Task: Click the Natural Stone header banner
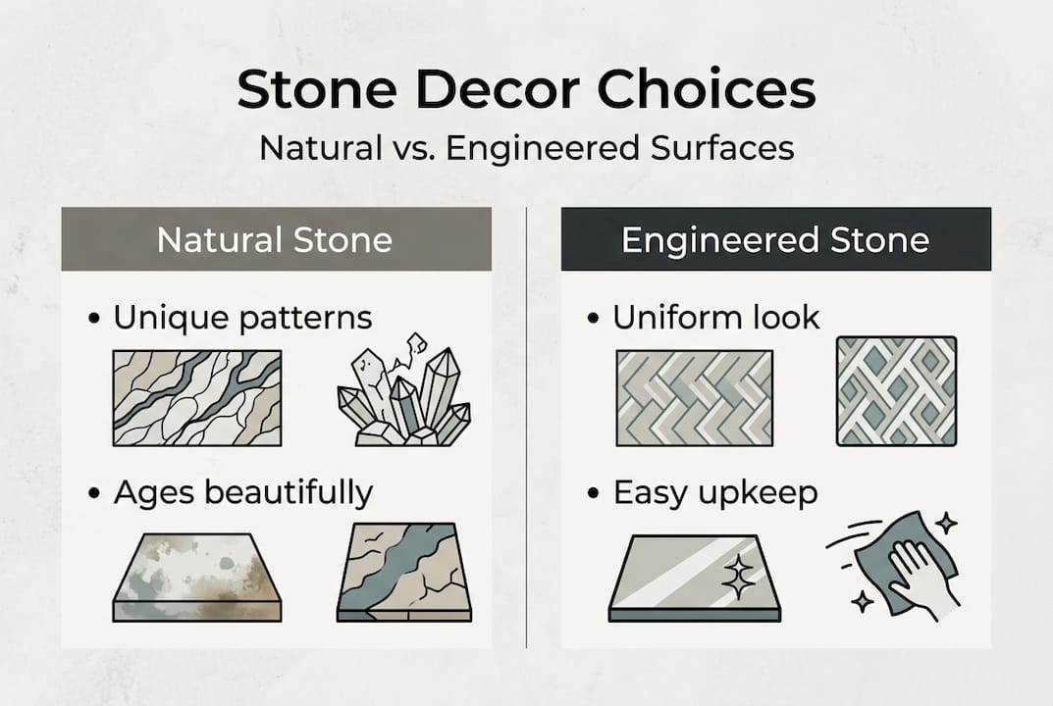[275, 239]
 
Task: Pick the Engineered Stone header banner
[775, 239]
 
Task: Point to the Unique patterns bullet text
[242, 318]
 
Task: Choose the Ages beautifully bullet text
[243, 492]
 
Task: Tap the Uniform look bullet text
[716, 318]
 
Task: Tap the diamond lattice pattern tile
[896, 390]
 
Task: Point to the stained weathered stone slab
[197, 577]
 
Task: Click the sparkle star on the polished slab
[736, 579]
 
